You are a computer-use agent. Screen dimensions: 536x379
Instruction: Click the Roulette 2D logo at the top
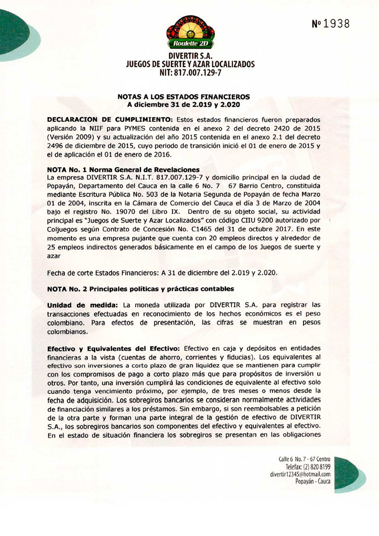[x=190, y=33]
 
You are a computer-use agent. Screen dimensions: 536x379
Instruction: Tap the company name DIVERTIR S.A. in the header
[x=190, y=56]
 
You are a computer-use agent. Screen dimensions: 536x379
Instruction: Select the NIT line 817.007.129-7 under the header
[x=190, y=72]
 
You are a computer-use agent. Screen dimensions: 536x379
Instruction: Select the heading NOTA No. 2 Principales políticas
[x=140, y=288]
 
